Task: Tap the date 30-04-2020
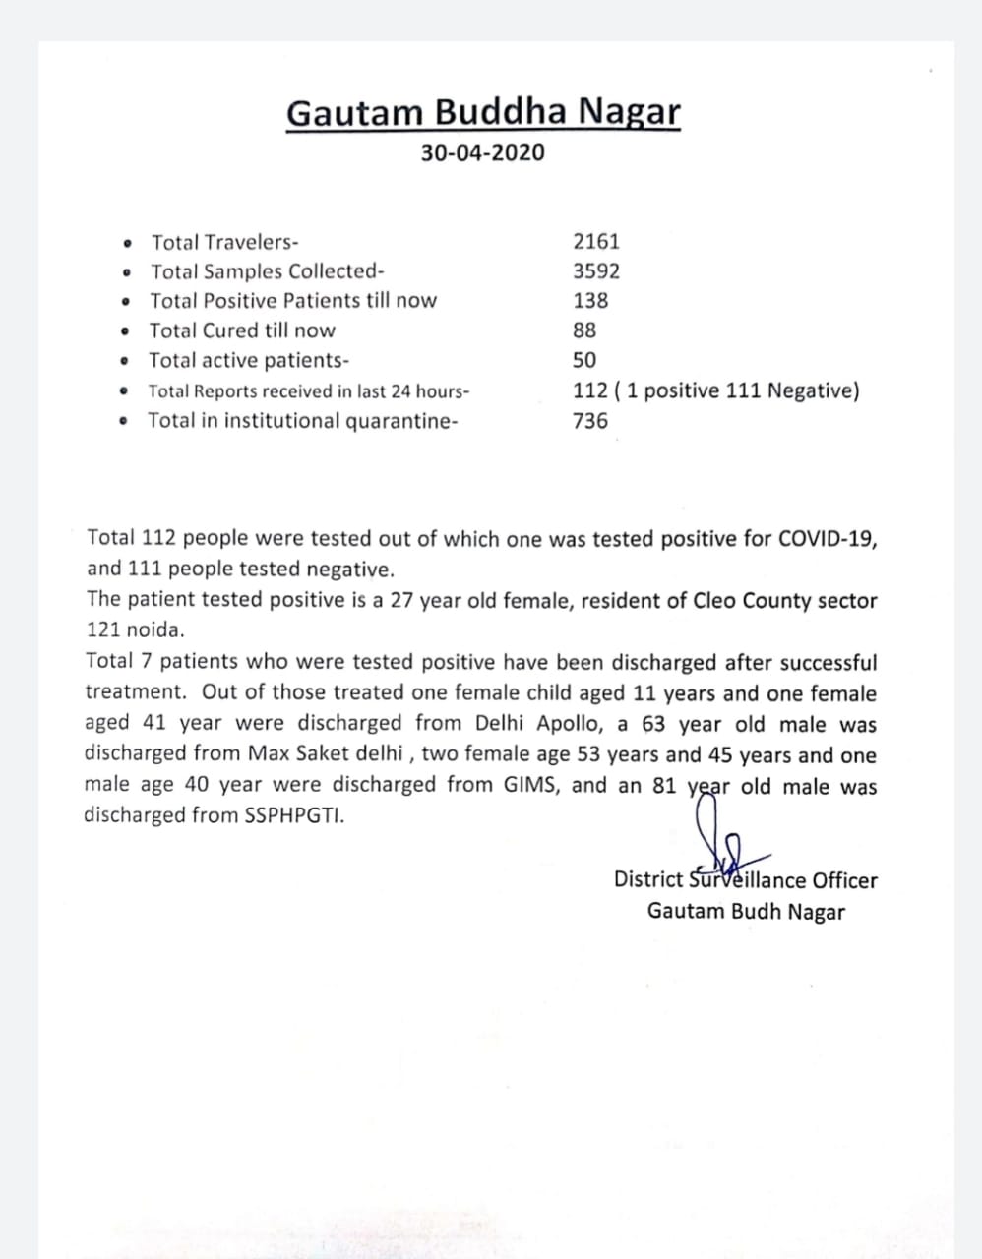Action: [482, 153]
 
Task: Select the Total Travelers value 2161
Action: [596, 242]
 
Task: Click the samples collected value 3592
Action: [596, 271]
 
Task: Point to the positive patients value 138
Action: [590, 301]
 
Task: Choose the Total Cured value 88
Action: [584, 330]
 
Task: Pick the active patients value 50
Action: [584, 361]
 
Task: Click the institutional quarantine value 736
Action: [590, 421]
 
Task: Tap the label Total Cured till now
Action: [242, 330]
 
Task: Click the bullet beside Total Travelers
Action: [127, 243]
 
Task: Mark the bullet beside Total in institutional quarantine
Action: [123, 422]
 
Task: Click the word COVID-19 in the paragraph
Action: [827, 539]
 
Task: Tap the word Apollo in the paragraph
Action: [572, 724]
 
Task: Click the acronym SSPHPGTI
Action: [294, 815]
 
